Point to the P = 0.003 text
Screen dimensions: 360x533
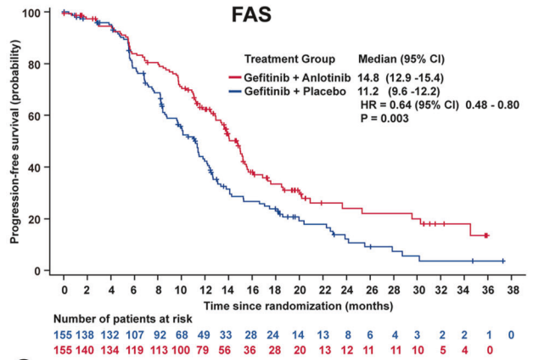pyautogui.click(x=385, y=119)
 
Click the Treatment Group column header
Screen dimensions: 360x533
pyautogui.click(x=289, y=59)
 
